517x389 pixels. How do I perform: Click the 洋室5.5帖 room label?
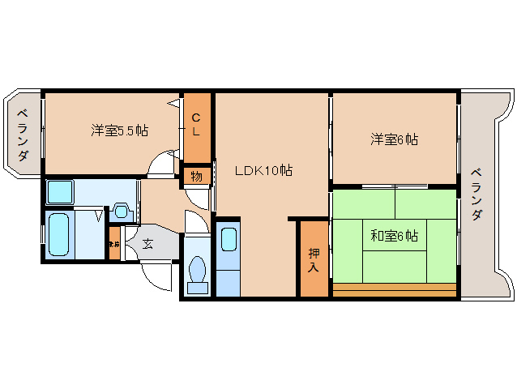[x=119, y=130]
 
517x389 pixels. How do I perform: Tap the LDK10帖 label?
[x=263, y=170]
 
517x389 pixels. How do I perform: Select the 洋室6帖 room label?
[x=395, y=139]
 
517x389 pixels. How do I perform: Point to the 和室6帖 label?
[x=395, y=236]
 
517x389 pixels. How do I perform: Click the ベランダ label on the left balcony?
[x=24, y=134]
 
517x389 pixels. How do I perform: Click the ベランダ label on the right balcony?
[x=477, y=194]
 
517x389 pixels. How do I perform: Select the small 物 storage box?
[x=197, y=176]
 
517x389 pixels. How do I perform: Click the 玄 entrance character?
[x=147, y=242]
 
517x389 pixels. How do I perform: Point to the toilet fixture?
[x=197, y=274]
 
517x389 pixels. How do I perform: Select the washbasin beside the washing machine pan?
[x=122, y=212]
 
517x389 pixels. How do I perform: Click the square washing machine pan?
[x=60, y=192]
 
